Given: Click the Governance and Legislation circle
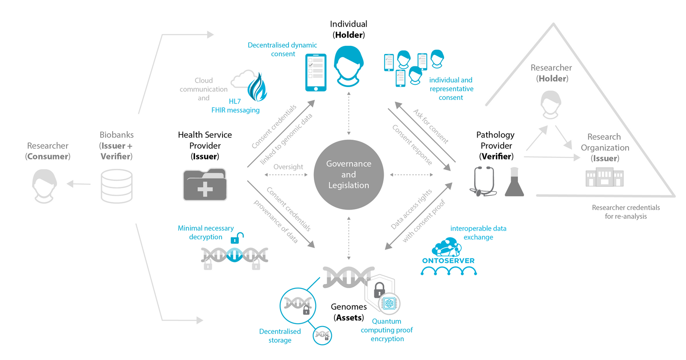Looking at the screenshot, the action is [x=349, y=174].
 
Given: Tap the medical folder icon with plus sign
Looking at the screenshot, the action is [x=205, y=184].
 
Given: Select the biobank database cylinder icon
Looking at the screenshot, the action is [x=117, y=186].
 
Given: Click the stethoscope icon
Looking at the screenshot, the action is [x=483, y=181].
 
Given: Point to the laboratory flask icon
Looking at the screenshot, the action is [x=514, y=182].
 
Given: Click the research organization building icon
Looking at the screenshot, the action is [x=605, y=177].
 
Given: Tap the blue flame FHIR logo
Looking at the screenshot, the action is [x=257, y=87].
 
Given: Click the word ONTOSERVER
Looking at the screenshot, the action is [x=448, y=261].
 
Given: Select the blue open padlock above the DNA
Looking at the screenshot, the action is [x=237, y=238].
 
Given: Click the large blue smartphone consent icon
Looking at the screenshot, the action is [x=316, y=72].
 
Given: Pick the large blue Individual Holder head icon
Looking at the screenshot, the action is [x=349, y=66].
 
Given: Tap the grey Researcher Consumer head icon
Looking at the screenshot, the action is [x=45, y=186].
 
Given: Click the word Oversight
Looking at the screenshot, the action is [x=288, y=167].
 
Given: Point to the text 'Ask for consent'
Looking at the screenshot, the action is [x=431, y=126].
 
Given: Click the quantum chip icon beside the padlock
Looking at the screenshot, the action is [x=389, y=304].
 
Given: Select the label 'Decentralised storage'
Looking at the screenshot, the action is [x=280, y=336].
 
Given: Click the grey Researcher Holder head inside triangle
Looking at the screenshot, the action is [x=551, y=105].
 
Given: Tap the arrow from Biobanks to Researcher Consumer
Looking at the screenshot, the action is [x=79, y=184].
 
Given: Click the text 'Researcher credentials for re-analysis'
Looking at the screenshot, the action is [x=626, y=212].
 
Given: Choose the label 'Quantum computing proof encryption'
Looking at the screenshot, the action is [x=387, y=330].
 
